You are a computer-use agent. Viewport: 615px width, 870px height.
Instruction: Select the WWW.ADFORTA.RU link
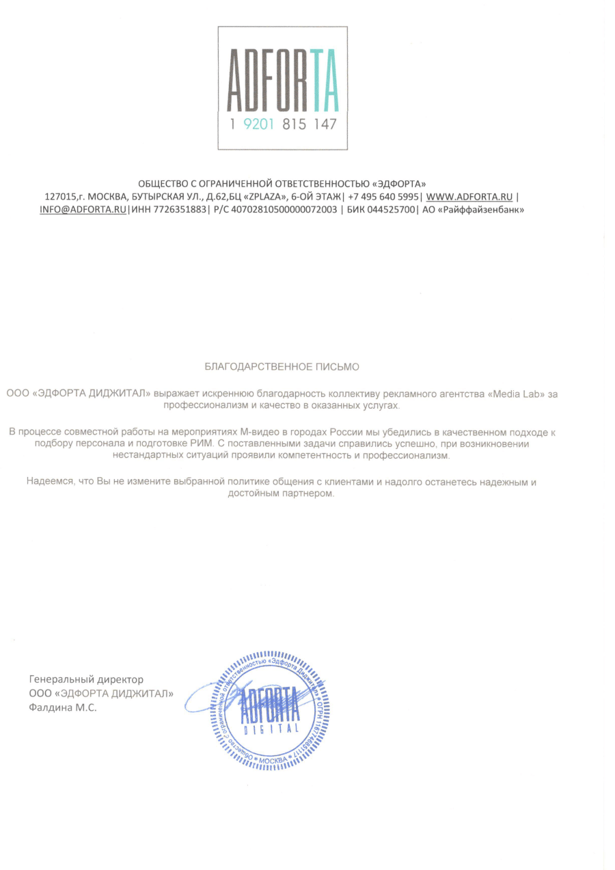pyautogui.click(x=469, y=197)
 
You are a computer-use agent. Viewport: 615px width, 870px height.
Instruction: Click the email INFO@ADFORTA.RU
pyautogui.click(x=83, y=210)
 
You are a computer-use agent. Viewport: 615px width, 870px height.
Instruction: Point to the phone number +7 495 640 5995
pyautogui.click(x=383, y=197)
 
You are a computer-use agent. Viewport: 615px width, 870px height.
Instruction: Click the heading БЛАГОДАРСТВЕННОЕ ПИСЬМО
pyautogui.click(x=282, y=367)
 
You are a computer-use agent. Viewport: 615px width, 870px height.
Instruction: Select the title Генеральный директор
pyautogui.click(x=86, y=680)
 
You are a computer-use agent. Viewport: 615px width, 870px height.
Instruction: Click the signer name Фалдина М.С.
pyautogui.click(x=63, y=708)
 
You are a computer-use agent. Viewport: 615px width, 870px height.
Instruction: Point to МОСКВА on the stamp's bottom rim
pyautogui.click(x=273, y=759)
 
